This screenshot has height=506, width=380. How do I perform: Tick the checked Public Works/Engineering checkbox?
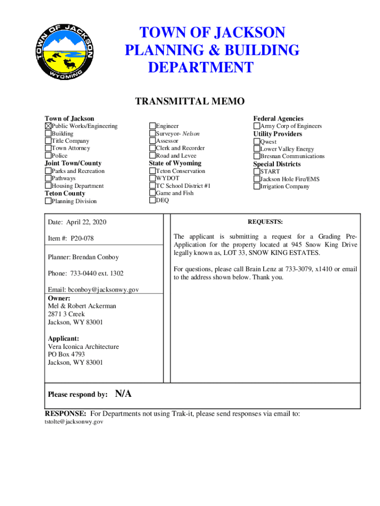point(48,126)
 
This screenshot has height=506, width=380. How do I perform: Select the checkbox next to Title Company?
point(48,141)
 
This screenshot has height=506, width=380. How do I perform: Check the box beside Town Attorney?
point(48,148)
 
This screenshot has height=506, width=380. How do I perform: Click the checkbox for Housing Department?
point(48,186)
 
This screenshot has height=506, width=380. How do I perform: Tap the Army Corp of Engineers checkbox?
point(257,126)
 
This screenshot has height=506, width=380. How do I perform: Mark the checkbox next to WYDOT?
point(152,178)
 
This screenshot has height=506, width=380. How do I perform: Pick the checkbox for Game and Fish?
point(152,193)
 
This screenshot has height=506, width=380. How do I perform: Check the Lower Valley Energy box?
point(257,149)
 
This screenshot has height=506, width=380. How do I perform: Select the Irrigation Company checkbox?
point(257,187)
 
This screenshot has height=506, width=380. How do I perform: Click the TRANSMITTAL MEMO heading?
point(190,102)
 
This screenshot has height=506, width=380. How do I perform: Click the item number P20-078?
point(82,239)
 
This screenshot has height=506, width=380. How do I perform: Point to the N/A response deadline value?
point(123,394)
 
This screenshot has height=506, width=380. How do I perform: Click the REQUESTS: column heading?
point(265,222)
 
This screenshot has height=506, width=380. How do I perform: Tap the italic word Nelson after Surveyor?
point(186,133)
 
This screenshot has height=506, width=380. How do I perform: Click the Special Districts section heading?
point(277,164)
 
